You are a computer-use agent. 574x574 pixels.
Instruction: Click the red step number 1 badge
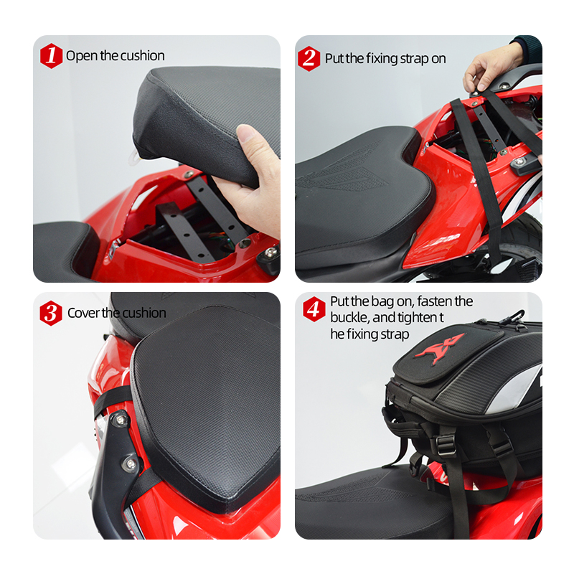click(x=51, y=56)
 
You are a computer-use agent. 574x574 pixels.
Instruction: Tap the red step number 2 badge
click(x=309, y=59)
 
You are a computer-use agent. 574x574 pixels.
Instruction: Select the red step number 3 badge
click(x=51, y=313)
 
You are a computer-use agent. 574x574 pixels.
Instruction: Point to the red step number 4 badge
click(x=314, y=309)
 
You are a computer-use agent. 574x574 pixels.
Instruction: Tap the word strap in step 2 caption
click(x=415, y=59)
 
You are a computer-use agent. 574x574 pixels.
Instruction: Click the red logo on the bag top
click(x=439, y=348)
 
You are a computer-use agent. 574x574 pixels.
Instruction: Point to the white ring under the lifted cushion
click(x=134, y=158)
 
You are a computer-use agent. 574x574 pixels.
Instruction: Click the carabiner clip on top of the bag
click(x=511, y=317)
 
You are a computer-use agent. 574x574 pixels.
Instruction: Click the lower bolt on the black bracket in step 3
click(x=131, y=464)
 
